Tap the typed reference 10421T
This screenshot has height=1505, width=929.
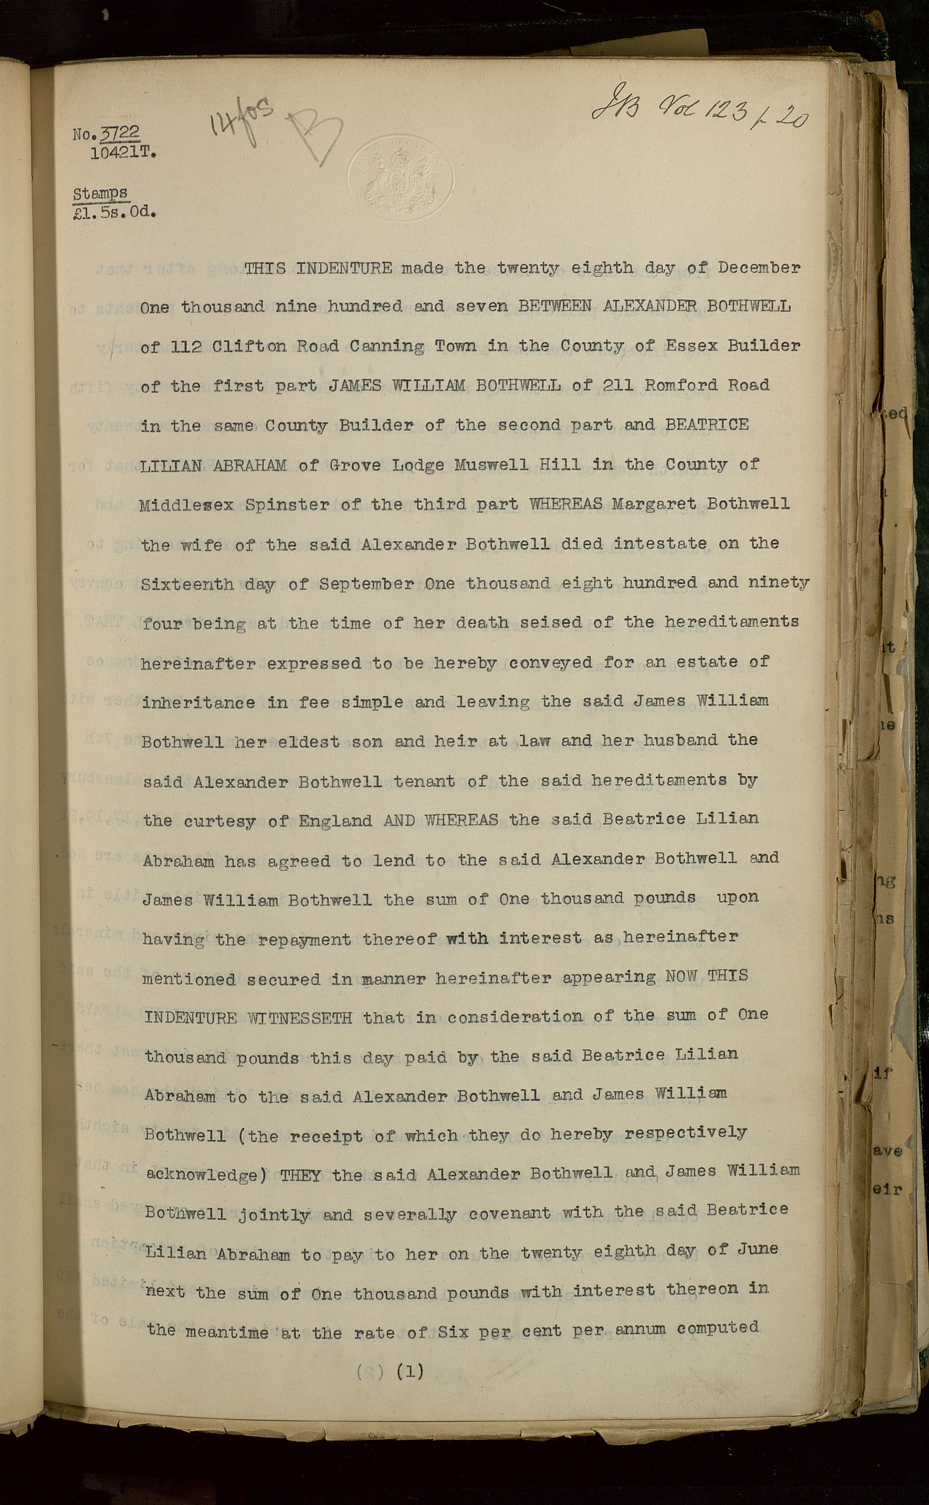[123, 153]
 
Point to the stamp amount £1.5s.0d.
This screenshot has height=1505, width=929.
[114, 213]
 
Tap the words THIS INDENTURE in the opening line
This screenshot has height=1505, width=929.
[318, 268]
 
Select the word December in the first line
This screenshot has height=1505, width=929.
[759, 267]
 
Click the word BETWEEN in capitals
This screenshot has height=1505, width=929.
[555, 306]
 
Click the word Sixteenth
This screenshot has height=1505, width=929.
[187, 583]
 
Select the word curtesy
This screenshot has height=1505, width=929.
[219, 821]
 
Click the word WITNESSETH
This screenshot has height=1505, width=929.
[300, 1018]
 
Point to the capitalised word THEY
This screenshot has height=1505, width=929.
[300, 1176]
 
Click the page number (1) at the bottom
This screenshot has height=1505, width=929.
[410, 1371]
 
